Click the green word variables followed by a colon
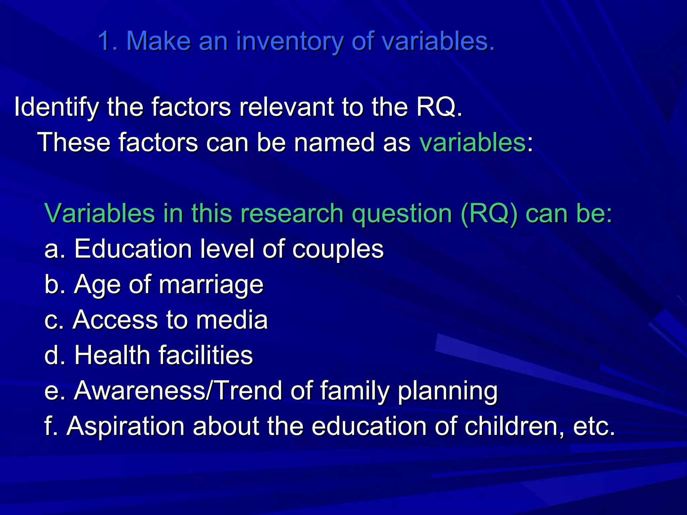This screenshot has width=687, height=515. (472, 142)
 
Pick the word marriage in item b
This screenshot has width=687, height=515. (211, 285)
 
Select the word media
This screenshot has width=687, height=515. (232, 320)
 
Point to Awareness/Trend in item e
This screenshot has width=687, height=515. (178, 391)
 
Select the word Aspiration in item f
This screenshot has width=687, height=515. (125, 426)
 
